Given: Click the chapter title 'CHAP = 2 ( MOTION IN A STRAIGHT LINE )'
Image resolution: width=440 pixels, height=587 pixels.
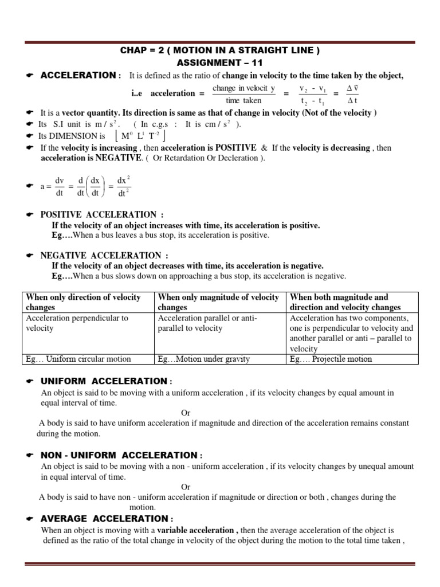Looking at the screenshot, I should [219, 51].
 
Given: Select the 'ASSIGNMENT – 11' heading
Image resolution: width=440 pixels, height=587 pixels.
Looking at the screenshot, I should [219, 62].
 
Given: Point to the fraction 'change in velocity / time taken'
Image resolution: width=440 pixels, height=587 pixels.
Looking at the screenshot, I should [243, 94].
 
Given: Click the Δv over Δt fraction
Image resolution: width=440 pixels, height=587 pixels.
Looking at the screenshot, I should [352, 94].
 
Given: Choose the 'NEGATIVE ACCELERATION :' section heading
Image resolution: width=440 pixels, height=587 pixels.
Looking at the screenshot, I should [104, 255].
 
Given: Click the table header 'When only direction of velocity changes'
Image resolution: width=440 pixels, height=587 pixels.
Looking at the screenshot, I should [83, 302].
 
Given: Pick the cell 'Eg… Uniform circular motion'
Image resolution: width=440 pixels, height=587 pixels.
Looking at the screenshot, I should [78, 359].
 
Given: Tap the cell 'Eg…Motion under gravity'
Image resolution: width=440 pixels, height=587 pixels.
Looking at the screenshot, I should [204, 359].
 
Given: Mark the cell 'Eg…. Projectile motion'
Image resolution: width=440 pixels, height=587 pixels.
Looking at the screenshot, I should [331, 359].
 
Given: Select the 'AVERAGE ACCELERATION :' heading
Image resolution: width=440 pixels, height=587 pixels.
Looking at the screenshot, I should [103, 518].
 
